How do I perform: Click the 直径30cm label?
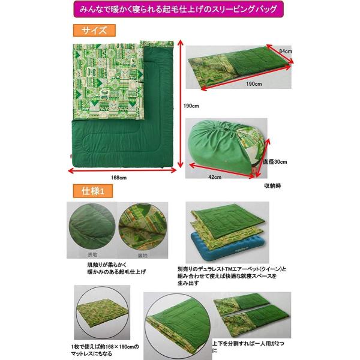[276, 161]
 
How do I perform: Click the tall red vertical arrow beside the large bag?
[179, 106]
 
